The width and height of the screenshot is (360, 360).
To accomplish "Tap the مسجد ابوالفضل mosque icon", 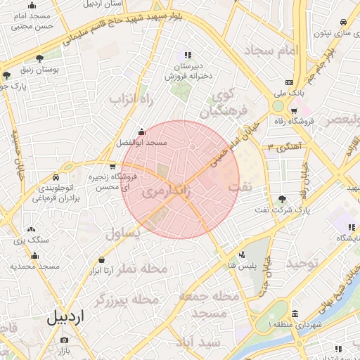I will coord(143,131).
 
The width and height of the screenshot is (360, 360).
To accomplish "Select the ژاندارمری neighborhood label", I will coord(165,192).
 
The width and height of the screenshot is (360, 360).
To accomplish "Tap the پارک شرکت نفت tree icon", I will coord(283,199).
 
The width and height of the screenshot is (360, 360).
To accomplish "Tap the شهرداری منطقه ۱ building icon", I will coord(294,314).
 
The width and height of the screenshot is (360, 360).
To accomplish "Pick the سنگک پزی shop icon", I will coord(31,229).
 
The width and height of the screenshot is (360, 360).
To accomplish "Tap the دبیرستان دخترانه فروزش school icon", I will coord(187,54).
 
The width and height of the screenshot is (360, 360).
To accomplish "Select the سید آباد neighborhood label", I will coord(200,342).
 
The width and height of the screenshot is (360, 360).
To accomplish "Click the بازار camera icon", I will coord(65,340).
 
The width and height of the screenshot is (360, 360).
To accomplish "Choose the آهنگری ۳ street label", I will coord(282,146).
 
